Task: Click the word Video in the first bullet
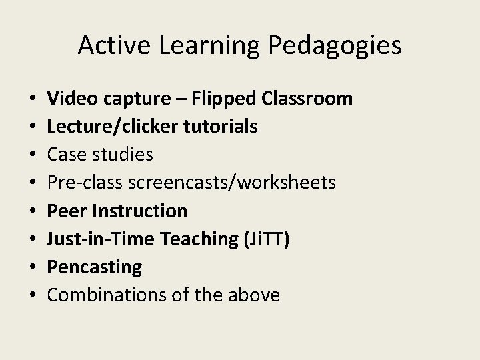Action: (71, 99)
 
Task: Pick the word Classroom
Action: (307, 99)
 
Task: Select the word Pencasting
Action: (95, 267)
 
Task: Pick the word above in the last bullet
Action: (253, 295)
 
